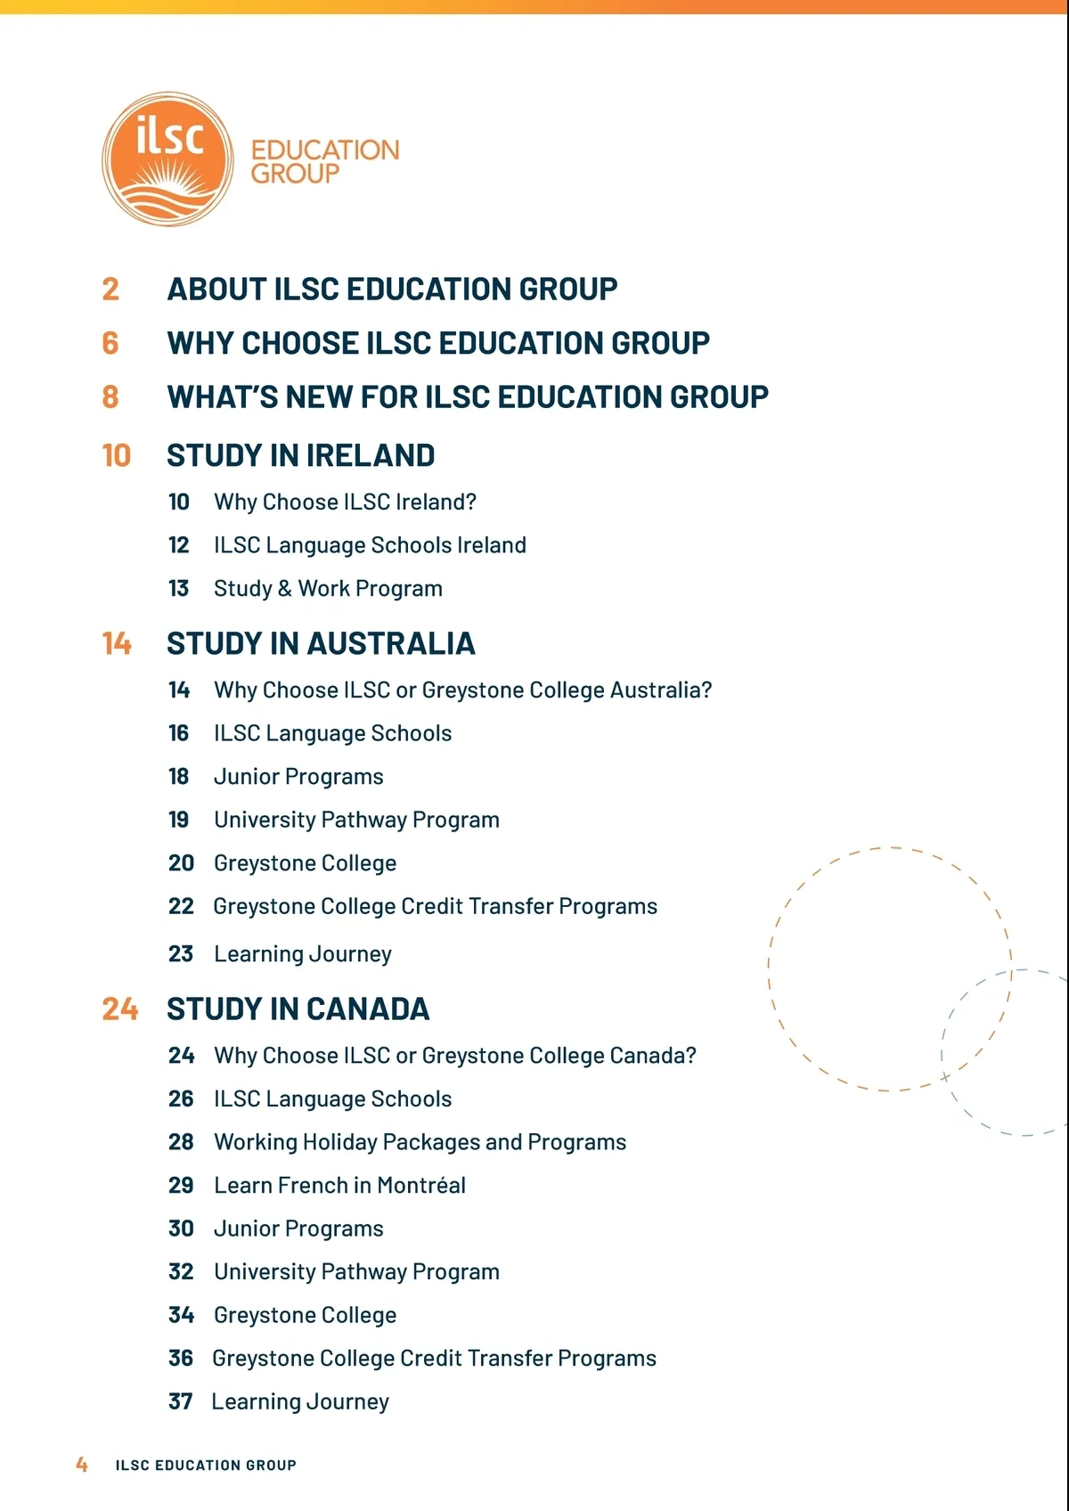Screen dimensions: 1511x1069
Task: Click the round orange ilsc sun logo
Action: click(167, 159)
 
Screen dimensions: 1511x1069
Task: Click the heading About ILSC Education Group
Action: click(392, 290)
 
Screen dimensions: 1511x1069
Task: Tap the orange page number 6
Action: click(110, 343)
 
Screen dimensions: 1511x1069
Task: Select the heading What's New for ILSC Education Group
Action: click(468, 397)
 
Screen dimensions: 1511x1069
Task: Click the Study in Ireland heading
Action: click(300, 456)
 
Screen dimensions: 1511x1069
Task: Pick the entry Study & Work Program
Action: click(328, 589)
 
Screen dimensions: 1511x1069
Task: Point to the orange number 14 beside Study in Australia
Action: click(117, 643)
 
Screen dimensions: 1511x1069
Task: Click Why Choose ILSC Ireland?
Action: click(345, 502)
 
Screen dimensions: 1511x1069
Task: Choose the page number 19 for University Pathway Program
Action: click(179, 820)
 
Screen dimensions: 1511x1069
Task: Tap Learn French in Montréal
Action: click(339, 1186)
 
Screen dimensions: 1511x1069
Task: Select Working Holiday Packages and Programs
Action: click(420, 1142)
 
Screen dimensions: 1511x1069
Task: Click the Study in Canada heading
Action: click(298, 1009)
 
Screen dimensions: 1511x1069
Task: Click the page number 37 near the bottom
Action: click(181, 1402)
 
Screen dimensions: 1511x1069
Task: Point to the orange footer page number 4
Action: click(82, 1465)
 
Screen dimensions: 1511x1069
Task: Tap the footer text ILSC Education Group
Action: click(206, 1466)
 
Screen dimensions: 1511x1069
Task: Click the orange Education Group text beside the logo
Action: click(324, 161)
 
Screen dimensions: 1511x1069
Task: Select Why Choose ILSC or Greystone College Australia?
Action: click(462, 690)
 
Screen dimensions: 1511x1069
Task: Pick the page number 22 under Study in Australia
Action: click(181, 907)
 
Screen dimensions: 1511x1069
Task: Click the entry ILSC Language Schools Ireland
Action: click(370, 545)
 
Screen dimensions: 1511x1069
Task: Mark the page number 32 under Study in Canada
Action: click(181, 1272)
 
